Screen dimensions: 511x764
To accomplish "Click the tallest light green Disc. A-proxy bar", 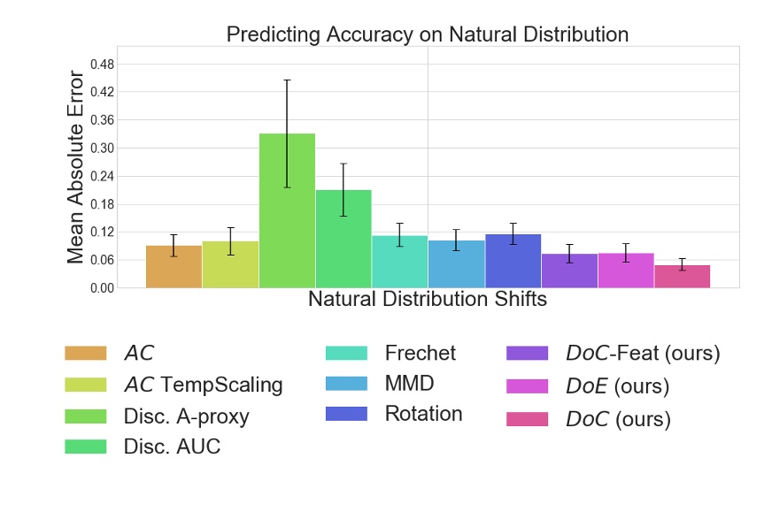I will tap(287, 212).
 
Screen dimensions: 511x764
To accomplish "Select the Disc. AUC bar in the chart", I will tap(343, 239).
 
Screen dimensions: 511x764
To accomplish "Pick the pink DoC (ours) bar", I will tap(682, 277).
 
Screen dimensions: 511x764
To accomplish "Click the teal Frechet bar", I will tap(399, 262).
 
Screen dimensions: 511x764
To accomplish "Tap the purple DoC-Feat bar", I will tap(569, 271).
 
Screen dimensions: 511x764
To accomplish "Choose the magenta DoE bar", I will tap(626, 271).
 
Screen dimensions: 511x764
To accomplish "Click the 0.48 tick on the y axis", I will tap(102, 64).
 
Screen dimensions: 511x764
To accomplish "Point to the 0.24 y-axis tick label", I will tap(102, 176).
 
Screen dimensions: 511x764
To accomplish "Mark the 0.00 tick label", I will tap(102, 288).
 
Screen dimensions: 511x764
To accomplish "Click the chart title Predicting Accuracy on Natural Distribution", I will tap(428, 34).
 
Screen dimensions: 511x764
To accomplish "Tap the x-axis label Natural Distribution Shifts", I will tap(428, 300).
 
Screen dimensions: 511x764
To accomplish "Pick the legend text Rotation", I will tap(423, 414).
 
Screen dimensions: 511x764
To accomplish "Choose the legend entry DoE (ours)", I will tap(617, 386).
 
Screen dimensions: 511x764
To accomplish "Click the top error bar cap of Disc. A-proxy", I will tap(287, 80).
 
